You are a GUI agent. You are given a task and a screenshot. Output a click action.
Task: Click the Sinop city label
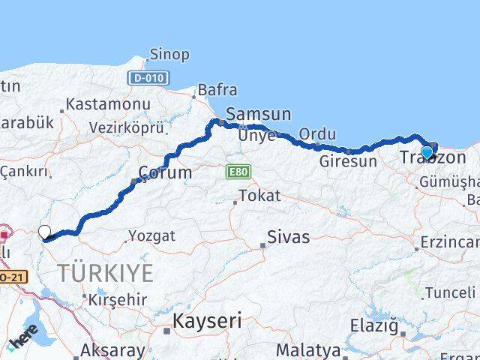click(x=169, y=55)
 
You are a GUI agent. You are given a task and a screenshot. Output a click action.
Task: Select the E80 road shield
click(x=238, y=172)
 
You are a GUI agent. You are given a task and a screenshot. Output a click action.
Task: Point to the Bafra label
click(x=217, y=90)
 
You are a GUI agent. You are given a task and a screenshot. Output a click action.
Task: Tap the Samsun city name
click(x=258, y=114)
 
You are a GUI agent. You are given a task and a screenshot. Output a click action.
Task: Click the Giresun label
click(x=347, y=161)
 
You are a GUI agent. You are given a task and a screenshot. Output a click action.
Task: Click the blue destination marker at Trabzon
click(x=427, y=152)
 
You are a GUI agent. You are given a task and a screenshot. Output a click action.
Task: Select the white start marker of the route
click(x=44, y=232)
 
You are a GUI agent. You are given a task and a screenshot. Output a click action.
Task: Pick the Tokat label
click(x=259, y=196)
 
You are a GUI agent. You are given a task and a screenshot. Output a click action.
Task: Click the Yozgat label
click(x=151, y=235)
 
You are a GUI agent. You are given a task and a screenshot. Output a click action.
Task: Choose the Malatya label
click(x=307, y=349)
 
